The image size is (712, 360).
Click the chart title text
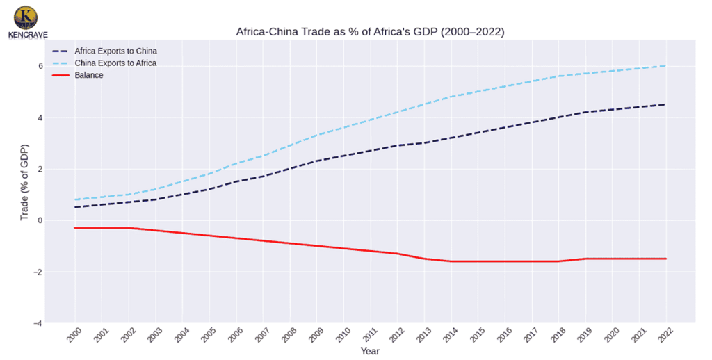(370, 32)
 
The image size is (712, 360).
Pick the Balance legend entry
(90, 75)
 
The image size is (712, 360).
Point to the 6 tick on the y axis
(40, 66)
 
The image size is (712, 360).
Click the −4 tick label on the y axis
(38, 323)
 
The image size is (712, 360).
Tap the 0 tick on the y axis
(40, 220)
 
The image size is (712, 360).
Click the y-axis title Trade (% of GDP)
(24, 183)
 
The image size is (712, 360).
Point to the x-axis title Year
(370, 352)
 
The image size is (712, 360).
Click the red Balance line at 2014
(451, 261)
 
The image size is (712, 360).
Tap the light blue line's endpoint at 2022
(666, 66)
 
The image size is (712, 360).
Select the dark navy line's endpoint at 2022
(666, 104)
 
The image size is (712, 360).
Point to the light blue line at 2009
(316, 135)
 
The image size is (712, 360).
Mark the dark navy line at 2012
(397, 145)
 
